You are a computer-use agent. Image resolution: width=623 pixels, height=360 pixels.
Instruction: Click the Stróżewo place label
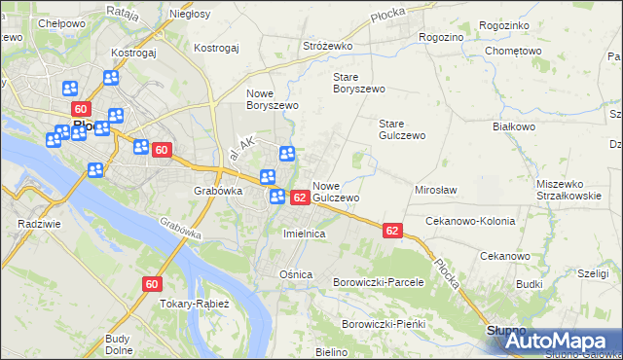(326, 46)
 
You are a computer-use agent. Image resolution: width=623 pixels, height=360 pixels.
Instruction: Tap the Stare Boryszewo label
(359, 83)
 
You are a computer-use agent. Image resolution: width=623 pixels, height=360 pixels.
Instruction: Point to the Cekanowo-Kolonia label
(468, 221)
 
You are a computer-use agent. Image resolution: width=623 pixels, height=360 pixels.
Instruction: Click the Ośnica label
(296, 274)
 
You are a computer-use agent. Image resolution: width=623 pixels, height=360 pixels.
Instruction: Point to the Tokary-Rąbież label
(195, 304)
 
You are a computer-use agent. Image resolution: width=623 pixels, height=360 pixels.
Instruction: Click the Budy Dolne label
(118, 344)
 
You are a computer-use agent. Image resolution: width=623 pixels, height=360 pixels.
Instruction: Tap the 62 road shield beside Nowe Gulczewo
(300, 198)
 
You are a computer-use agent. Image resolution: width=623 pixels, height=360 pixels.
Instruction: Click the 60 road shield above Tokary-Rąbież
(151, 284)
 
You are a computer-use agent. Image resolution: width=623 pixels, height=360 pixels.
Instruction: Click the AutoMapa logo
(558, 341)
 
